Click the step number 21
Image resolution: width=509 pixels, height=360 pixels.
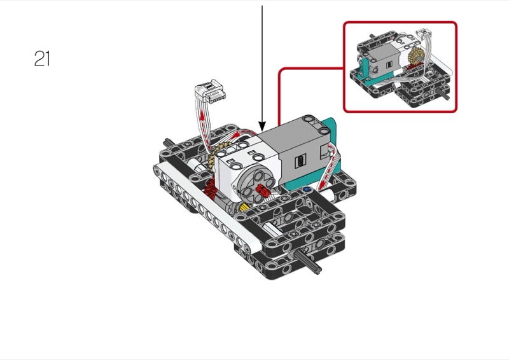(42, 59)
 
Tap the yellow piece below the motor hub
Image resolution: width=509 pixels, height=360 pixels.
(245, 211)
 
